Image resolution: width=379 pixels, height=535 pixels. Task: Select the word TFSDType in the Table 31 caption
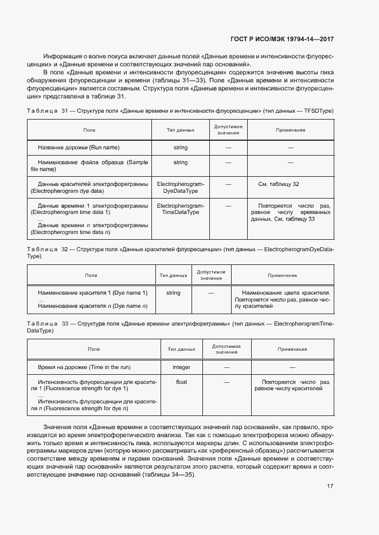pyautogui.click(x=319, y=110)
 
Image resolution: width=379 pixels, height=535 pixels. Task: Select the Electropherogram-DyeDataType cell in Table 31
pyautogui.click(x=180, y=188)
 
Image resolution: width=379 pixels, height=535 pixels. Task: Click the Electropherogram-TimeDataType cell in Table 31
pyautogui.click(x=180, y=209)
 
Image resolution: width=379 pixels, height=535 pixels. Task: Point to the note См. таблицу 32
pyautogui.click(x=279, y=184)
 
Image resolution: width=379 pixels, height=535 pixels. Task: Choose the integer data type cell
pyautogui.click(x=181, y=367)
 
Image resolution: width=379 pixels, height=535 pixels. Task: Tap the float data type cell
pyautogui.click(x=181, y=382)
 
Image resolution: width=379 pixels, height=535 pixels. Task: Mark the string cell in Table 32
pyautogui.click(x=173, y=293)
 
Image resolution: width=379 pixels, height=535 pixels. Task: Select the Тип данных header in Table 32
pyautogui.click(x=173, y=275)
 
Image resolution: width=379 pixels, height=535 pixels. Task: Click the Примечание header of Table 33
pyautogui.click(x=292, y=349)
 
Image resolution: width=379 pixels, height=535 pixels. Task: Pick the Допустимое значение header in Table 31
pyautogui.click(x=228, y=130)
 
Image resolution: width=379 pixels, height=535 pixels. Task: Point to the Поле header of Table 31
pyautogui.click(x=89, y=130)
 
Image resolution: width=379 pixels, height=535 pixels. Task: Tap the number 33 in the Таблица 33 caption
pyautogui.click(x=65, y=324)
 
